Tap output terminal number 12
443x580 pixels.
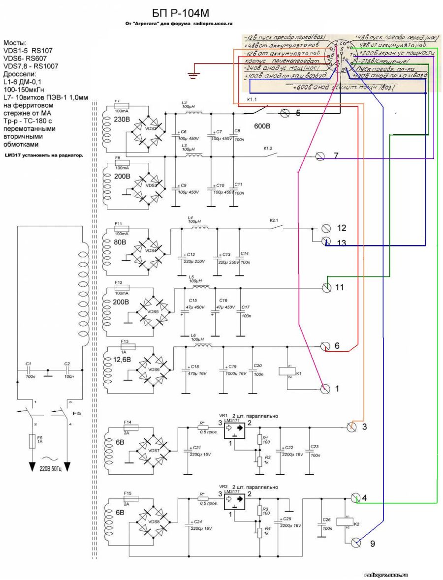325,228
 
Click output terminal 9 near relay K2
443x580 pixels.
356,543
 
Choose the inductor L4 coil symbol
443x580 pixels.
199,229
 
